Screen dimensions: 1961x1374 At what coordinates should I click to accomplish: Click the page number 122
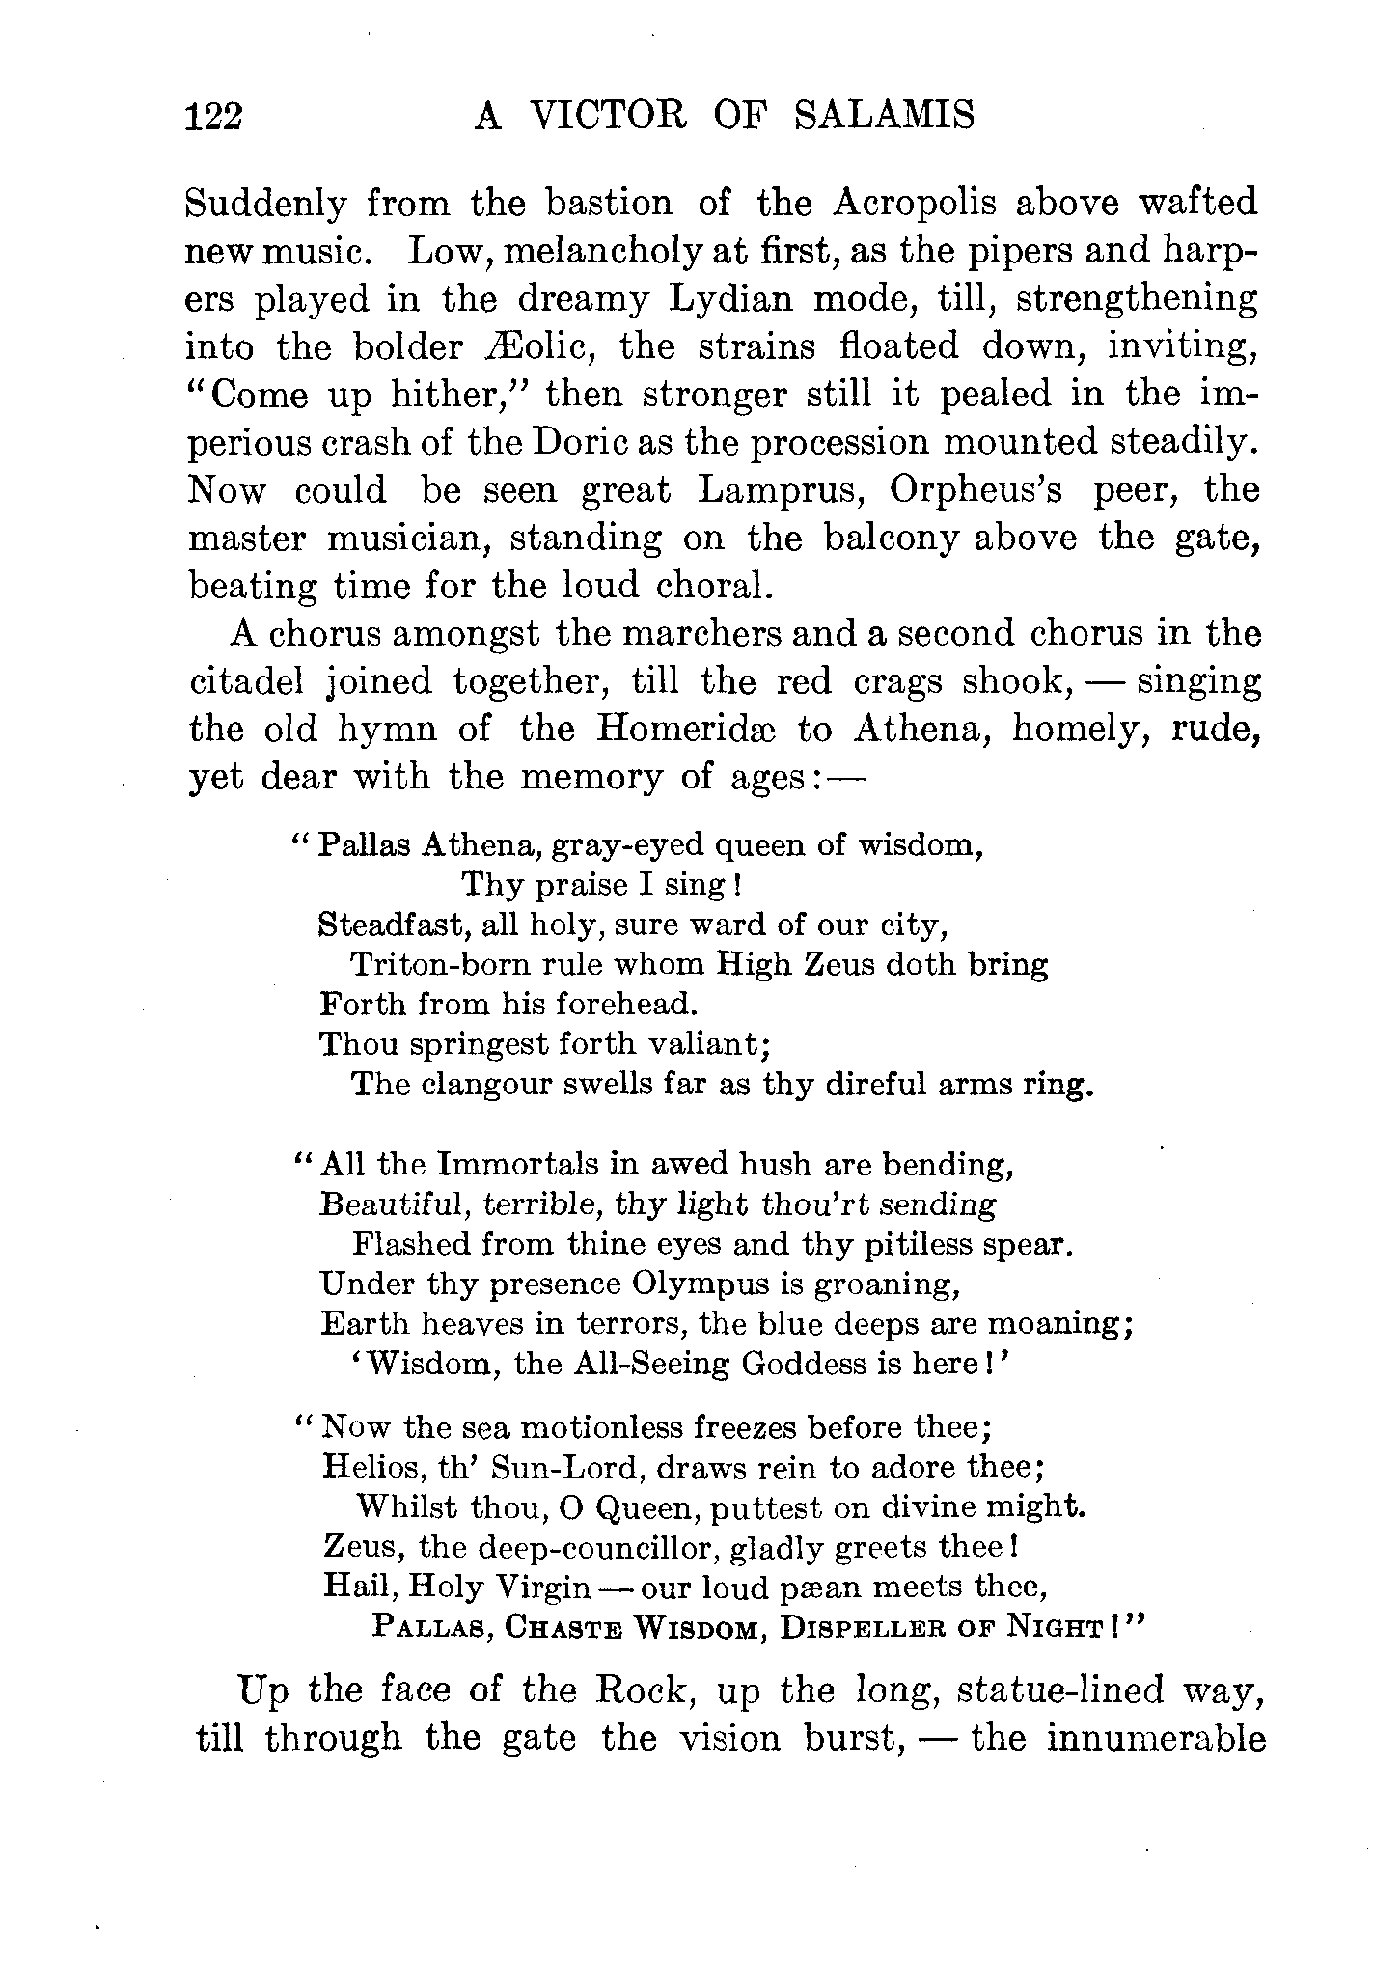(x=216, y=117)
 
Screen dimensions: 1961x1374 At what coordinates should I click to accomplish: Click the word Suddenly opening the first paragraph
(x=265, y=205)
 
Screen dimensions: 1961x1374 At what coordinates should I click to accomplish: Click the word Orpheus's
(x=976, y=490)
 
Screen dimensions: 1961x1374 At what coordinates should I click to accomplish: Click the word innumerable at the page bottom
(x=1155, y=1738)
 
